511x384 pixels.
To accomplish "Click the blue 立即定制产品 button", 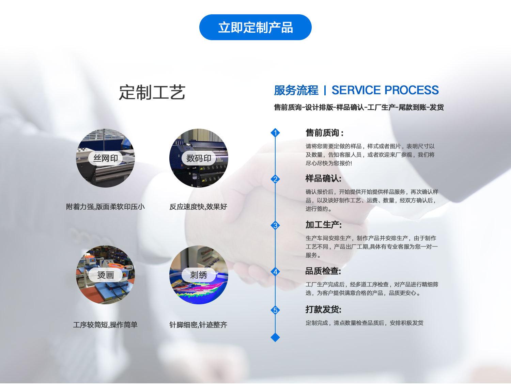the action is click(255, 27).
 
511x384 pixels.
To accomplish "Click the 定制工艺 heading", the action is click(152, 92).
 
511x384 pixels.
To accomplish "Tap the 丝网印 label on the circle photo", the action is click(105, 158).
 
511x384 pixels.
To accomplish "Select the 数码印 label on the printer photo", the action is click(199, 158).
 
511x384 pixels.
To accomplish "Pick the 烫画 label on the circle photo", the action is click(105, 275).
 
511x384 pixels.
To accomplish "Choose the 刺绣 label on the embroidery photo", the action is click(199, 275).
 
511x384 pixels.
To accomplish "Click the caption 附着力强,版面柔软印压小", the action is click(105, 207).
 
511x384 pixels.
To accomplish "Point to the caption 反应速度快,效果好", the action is click(198, 207).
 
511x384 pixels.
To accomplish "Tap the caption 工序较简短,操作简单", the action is click(105, 325).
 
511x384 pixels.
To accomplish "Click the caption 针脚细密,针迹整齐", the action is click(198, 325).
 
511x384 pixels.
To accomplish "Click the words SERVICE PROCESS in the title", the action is click(385, 90).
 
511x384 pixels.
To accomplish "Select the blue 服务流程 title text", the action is click(296, 90).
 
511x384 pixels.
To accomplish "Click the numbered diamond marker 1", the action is click(275, 132).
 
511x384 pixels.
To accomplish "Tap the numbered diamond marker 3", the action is click(275, 225).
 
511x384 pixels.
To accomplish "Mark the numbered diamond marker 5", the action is click(275, 310).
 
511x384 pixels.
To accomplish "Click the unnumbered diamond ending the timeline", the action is click(275, 337).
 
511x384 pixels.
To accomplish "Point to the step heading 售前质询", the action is click(324, 133).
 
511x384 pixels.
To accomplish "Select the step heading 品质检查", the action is click(323, 271).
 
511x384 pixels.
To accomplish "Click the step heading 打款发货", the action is click(323, 309).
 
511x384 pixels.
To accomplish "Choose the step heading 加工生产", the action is click(323, 225).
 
